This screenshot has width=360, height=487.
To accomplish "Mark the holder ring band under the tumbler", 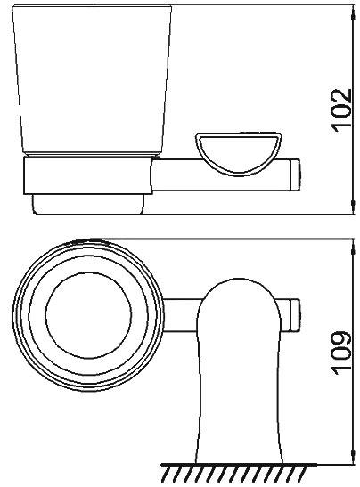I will point(87,178).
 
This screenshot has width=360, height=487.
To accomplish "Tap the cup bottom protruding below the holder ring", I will point(87,206).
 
